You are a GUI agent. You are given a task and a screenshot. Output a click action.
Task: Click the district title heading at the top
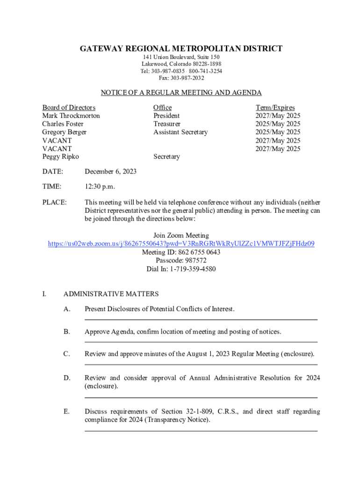181,49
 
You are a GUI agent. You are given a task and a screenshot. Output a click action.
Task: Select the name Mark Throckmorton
71,116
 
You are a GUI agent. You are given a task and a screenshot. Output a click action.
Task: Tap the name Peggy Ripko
61,157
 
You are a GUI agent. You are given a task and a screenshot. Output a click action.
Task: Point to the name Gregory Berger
65,132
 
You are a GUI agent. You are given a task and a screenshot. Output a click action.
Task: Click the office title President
166,116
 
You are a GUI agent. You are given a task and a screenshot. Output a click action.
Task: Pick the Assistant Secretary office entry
180,132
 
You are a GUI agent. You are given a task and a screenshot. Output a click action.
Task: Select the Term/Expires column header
275,108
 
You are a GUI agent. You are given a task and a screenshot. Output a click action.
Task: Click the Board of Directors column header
69,108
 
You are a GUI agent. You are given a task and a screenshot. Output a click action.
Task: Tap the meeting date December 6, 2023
110,171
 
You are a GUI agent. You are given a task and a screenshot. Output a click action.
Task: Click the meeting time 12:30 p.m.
99,187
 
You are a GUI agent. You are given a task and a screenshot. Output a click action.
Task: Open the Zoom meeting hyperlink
181,244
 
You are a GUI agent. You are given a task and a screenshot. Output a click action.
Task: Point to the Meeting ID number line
181,252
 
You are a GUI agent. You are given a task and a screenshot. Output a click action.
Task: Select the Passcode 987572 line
181,261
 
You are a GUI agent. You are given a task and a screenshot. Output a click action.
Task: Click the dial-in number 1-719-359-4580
181,269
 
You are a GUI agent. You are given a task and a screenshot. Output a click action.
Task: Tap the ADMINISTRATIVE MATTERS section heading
111,294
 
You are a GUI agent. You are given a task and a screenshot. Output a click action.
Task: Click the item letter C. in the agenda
67,354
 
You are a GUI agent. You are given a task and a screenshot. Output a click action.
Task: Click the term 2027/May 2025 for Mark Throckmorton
278,116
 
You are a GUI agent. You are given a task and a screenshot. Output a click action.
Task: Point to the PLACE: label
54,202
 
